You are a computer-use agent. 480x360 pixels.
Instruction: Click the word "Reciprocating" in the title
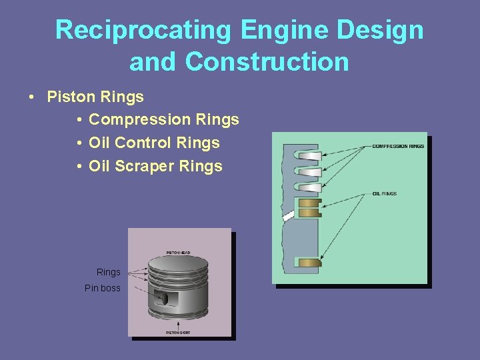point(143,30)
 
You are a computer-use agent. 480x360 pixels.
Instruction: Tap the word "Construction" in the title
point(267,62)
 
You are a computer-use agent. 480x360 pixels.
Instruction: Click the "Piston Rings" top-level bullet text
point(95,97)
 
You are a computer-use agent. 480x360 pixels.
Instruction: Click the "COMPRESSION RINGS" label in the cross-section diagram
point(397,146)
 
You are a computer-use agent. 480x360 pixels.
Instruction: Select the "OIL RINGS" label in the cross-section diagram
point(384,194)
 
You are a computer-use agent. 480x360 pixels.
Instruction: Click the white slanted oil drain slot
point(289,216)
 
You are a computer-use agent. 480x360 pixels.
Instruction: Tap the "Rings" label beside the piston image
point(109,272)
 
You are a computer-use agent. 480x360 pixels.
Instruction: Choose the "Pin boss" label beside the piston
point(103,288)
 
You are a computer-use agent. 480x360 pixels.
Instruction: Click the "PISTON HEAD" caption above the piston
point(178,253)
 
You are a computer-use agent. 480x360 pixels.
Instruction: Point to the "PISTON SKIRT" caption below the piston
point(178,332)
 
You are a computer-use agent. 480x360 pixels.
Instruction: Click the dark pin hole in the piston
point(162,297)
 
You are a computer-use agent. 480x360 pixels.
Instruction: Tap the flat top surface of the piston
point(178,262)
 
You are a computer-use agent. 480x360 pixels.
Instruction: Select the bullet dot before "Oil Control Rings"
point(79,143)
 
